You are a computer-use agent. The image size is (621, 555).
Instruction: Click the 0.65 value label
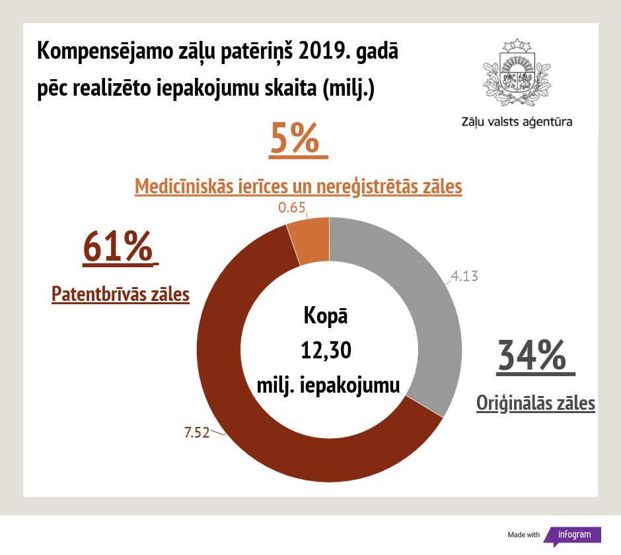coord(292,208)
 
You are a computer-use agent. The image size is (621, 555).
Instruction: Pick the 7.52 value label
coord(196,433)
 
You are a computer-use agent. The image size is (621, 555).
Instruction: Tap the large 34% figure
coord(532,356)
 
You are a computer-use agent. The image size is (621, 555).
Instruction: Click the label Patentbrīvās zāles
coord(121,294)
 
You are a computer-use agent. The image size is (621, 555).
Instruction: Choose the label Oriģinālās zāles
coord(536,403)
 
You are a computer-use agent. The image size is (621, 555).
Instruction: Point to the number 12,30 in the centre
coord(326,350)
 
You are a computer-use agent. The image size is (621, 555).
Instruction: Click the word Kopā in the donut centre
coord(326,315)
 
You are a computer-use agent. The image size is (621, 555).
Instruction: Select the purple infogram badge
coord(573,535)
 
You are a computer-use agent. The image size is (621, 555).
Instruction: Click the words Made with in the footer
coord(524,535)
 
